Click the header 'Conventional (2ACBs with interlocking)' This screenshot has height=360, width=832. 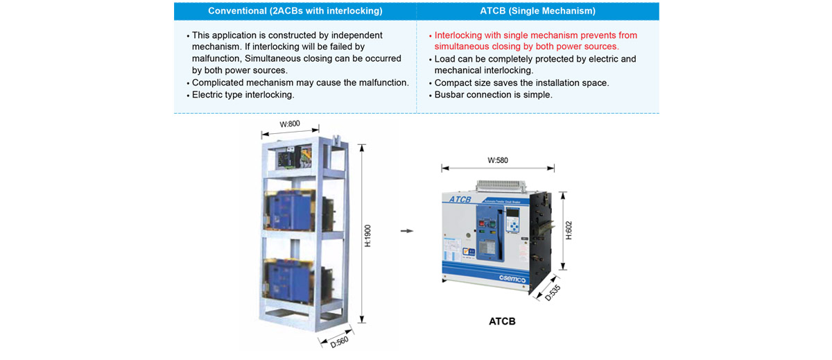[x=295, y=10]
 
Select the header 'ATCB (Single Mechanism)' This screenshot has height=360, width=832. [x=537, y=10]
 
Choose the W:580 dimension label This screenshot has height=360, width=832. [x=498, y=160]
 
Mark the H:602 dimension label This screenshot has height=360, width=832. [x=569, y=230]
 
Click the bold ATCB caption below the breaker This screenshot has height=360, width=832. [x=502, y=321]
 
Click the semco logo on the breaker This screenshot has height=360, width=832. [x=512, y=278]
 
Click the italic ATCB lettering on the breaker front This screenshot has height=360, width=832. [x=460, y=200]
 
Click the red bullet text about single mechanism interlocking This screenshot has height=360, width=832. [x=535, y=41]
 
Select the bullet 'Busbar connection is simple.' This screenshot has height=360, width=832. [x=493, y=94]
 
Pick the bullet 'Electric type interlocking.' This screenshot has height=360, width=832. [x=243, y=94]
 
